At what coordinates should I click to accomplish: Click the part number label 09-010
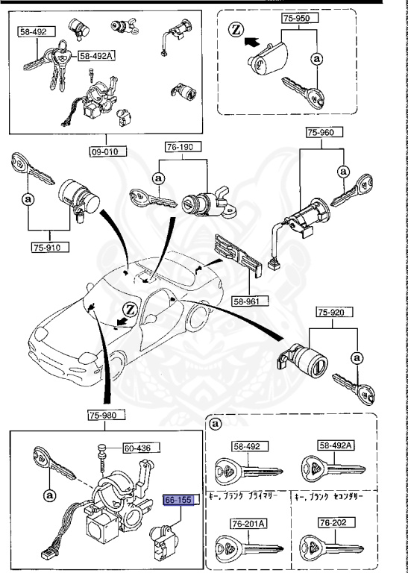pyautogui.click(x=105, y=150)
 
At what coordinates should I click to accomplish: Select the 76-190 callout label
pyautogui.click(x=179, y=148)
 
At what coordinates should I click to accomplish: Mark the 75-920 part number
pyautogui.click(x=331, y=313)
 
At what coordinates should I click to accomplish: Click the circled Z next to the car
pyautogui.click(x=129, y=308)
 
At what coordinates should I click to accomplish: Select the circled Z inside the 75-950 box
pyautogui.click(x=236, y=30)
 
